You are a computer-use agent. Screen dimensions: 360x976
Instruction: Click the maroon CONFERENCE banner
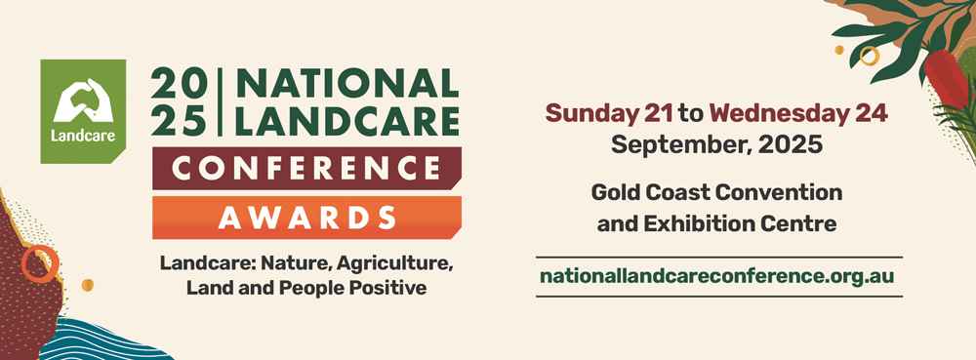306,172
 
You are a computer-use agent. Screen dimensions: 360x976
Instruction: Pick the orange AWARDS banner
306,217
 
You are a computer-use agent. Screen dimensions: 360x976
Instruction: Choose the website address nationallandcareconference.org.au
716,276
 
